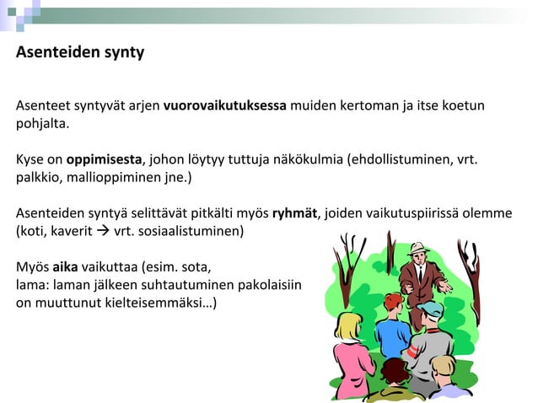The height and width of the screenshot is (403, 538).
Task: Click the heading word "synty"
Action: click(x=123, y=52)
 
